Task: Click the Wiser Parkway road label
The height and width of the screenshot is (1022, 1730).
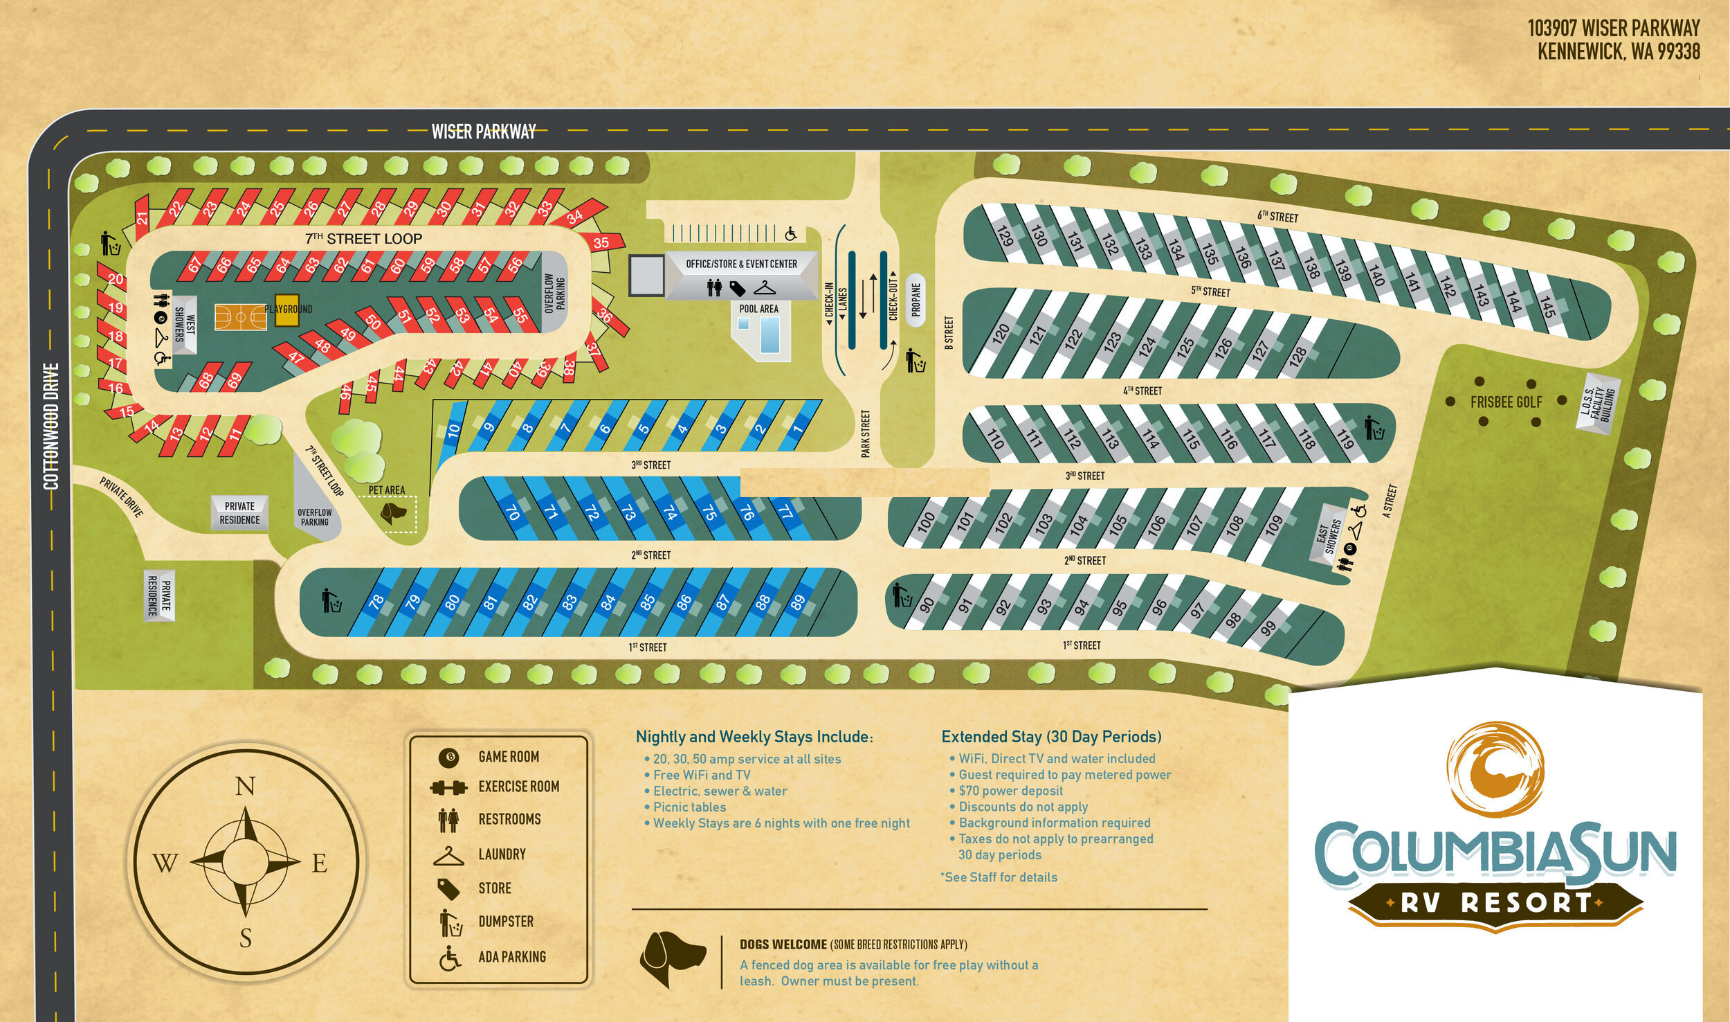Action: point(484,132)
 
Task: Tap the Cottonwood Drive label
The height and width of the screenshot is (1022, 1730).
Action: point(51,426)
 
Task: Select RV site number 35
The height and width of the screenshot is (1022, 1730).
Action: point(601,243)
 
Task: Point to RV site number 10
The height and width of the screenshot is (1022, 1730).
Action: point(453,429)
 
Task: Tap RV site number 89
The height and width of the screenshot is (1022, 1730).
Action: point(798,602)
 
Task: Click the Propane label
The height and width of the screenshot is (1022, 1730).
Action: point(916,300)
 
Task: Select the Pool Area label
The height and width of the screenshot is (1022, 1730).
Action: point(759,309)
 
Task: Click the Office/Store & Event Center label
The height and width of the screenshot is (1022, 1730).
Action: point(741,264)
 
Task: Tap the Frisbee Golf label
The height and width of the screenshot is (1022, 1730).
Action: point(1506,402)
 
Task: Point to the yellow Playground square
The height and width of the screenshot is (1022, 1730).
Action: point(286,310)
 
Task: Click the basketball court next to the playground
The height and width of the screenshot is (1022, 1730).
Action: point(239,318)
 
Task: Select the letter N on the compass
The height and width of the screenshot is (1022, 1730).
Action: point(246,787)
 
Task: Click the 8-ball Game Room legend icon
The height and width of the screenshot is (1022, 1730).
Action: point(448,757)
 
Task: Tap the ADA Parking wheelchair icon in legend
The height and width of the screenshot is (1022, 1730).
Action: point(450,960)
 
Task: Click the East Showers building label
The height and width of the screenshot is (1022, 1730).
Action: point(1328,538)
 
